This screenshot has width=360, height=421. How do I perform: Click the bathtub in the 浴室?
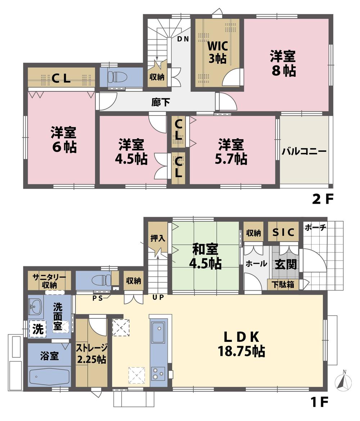pyautogui.click(x=48, y=377)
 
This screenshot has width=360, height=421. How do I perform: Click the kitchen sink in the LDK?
pyautogui.click(x=158, y=332)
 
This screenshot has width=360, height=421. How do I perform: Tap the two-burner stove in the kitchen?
pyautogui.click(x=158, y=373)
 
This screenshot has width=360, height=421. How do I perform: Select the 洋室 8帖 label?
pyautogui.click(x=283, y=63)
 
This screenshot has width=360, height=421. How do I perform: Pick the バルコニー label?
pyautogui.click(x=304, y=151)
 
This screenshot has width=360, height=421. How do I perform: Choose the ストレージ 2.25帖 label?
pyautogui.click(x=91, y=353)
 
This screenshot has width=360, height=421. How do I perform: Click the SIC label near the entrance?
pyautogui.click(x=283, y=233)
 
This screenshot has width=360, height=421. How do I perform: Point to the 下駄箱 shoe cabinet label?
pyautogui.click(x=283, y=284)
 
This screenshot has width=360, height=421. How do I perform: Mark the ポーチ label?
pyautogui.click(x=316, y=227)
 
